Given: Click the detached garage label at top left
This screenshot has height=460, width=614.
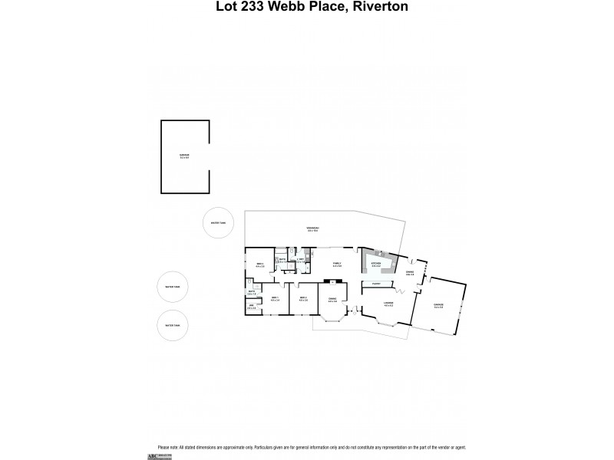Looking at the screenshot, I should click(184, 156).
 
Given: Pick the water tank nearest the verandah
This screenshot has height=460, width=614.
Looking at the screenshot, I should click(220, 223).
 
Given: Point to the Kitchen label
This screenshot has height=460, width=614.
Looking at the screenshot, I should click(376, 264).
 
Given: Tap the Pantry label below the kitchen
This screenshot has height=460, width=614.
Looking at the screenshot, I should click(376, 284).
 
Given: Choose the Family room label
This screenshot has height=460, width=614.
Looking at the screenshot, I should click(336, 264).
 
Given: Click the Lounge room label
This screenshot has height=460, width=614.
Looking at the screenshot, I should click(388, 304).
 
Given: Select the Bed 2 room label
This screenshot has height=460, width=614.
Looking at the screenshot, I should click(303, 298).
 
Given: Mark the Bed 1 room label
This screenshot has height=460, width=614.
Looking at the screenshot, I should click(274, 298).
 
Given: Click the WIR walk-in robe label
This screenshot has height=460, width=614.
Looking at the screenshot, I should click(251, 307).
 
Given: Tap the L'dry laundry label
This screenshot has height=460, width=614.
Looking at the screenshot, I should click(302, 261).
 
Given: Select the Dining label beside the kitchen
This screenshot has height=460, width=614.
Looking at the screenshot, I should click(410, 273).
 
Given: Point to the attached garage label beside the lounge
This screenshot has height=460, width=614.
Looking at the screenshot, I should click(438, 305).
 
